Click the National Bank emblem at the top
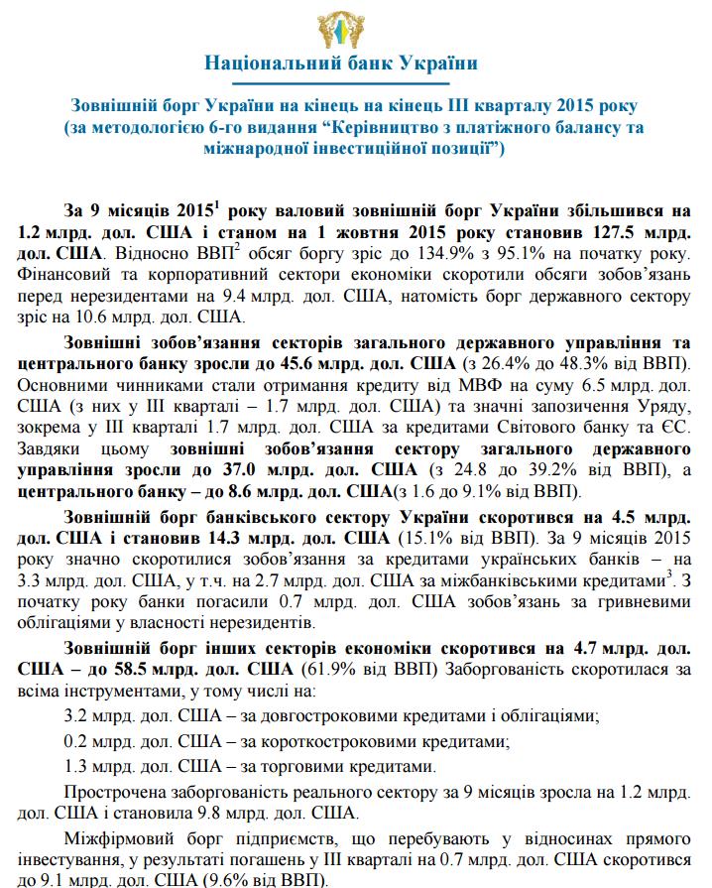click(355, 25)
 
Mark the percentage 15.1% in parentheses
click(428, 539)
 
